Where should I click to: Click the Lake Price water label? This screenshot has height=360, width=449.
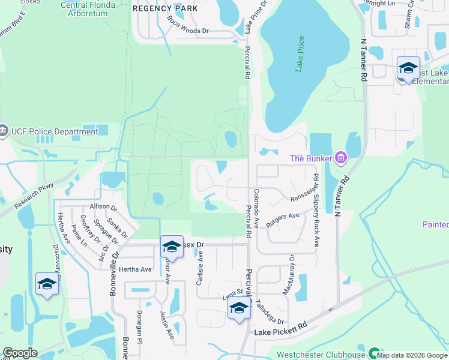tap(300, 54)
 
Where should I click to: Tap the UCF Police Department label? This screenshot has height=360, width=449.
tap(54, 132)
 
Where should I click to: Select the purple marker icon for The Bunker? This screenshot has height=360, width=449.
tap(340, 158)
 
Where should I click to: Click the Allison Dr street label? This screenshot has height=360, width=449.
tap(104, 206)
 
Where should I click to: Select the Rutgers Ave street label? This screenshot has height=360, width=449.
tap(283, 219)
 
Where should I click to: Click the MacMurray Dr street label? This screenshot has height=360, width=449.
tap(288, 274)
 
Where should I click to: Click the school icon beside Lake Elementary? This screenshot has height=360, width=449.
tap(408, 68)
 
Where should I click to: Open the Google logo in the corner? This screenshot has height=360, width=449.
tap(20, 353)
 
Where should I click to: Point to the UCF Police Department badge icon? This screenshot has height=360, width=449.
tap(4, 131)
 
